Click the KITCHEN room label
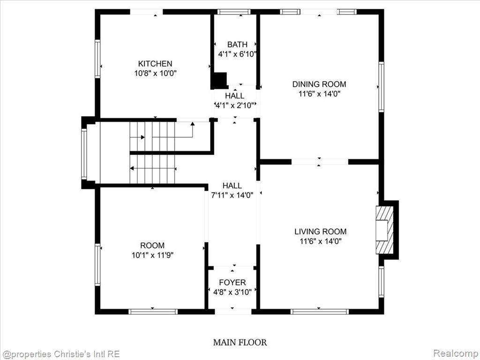(155, 64)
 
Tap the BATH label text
(237, 45)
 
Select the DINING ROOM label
(319, 84)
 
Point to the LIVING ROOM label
(321, 232)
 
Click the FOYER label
(232, 282)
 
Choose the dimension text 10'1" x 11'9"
(152, 255)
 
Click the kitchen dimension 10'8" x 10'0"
(156, 74)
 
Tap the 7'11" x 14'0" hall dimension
(232, 195)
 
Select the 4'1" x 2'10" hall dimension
(235, 105)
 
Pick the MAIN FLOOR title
(240, 342)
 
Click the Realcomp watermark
(456, 353)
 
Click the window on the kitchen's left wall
(97, 59)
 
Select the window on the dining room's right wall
(381, 87)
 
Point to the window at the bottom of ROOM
(153, 312)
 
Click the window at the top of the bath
(234, 12)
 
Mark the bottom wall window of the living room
(320, 312)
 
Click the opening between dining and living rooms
(320, 162)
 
